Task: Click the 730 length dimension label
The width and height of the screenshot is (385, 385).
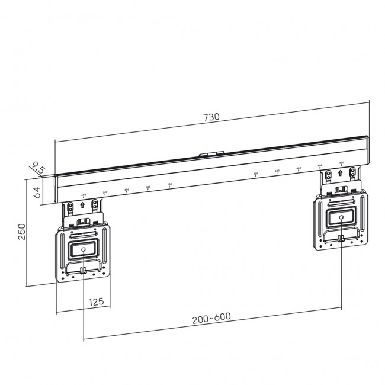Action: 211,117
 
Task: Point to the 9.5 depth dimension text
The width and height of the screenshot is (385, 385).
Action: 40,168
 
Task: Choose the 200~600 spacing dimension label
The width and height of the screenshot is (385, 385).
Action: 211,317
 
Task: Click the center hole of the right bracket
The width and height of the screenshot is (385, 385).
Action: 342,217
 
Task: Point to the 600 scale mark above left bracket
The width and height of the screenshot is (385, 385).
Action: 83,195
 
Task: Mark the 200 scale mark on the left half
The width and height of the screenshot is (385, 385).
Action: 169,185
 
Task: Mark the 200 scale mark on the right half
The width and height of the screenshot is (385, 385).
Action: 255,174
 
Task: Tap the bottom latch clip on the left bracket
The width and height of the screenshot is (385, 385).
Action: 84,271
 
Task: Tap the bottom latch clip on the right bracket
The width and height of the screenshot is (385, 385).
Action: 342,239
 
